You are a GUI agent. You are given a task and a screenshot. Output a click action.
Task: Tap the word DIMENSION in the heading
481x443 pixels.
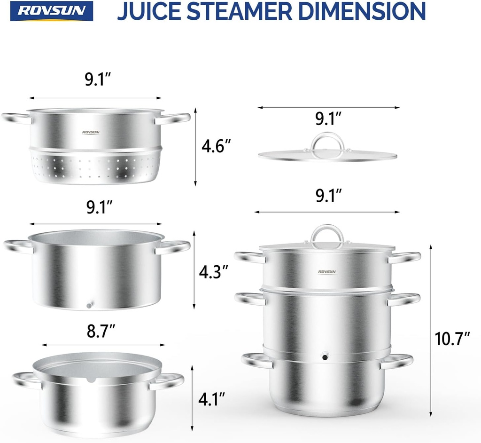click(x=366, y=11)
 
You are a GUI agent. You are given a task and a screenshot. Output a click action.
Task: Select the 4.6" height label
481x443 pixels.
click(x=216, y=147)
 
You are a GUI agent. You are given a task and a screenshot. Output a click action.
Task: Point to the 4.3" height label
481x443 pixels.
click(x=213, y=272)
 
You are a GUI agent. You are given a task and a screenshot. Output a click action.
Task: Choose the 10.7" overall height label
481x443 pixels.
click(x=452, y=339)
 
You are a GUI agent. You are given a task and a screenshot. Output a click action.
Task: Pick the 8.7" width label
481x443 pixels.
click(x=101, y=332)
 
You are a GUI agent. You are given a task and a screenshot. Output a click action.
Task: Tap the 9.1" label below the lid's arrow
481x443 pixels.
click(x=329, y=119)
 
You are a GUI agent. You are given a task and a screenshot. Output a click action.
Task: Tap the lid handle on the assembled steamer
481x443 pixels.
click(x=327, y=234)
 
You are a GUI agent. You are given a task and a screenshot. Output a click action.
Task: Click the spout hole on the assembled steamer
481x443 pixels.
click(x=325, y=357)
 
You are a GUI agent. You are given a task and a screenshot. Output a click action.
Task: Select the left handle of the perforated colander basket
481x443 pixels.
click(x=16, y=118)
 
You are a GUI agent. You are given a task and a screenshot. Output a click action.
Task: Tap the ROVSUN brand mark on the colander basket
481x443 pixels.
click(x=91, y=132)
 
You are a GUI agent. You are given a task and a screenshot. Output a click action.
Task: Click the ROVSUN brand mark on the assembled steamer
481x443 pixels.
click(x=327, y=271)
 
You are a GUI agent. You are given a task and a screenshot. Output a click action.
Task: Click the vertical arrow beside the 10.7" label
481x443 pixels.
click(x=431, y=329)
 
